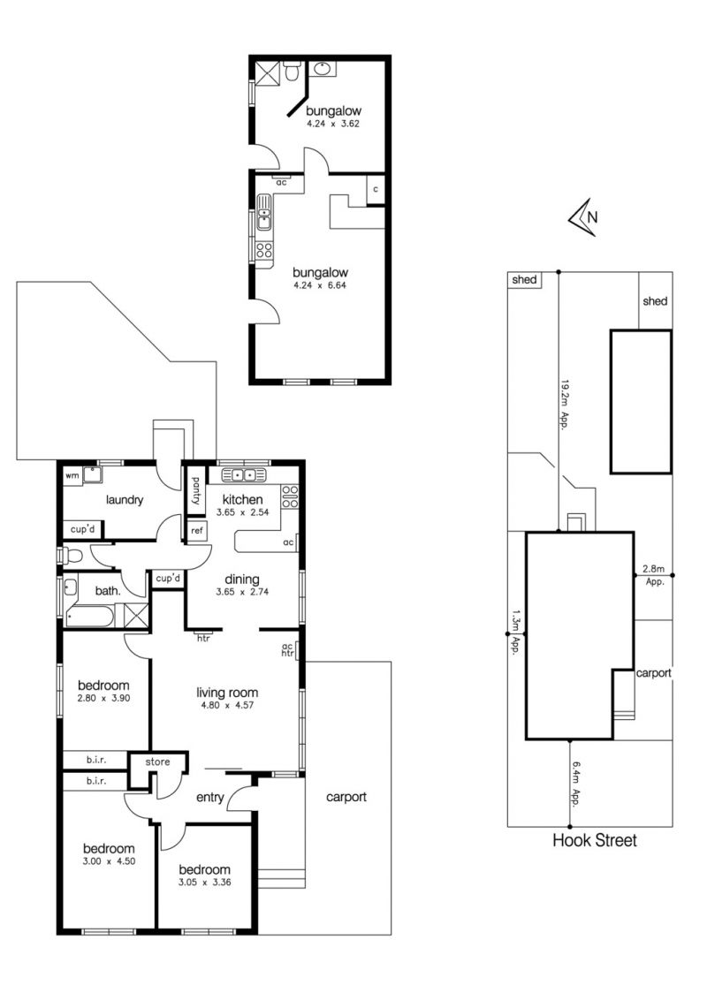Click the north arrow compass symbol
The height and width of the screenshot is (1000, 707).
(x=582, y=217)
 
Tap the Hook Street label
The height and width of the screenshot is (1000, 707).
(x=594, y=841)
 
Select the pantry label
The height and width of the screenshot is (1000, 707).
(x=195, y=491)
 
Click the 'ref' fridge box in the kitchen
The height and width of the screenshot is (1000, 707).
(x=197, y=531)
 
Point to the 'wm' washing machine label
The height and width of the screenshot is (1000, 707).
(x=72, y=476)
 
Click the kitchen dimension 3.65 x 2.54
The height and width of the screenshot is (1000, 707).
(x=242, y=512)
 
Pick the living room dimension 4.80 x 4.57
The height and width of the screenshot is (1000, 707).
(x=226, y=705)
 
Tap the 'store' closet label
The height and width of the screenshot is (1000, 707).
(x=157, y=762)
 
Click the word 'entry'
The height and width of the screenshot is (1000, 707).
(x=210, y=798)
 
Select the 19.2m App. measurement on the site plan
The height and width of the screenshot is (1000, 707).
(x=564, y=405)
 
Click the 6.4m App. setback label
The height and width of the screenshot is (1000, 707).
(x=575, y=784)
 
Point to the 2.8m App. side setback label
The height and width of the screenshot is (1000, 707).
(x=654, y=575)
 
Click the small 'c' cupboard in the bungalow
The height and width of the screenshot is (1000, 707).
(x=376, y=189)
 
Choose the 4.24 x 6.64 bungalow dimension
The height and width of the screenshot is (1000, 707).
(x=320, y=285)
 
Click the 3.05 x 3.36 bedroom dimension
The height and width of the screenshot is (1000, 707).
(x=204, y=883)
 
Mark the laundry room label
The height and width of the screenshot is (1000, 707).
(x=125, y=500)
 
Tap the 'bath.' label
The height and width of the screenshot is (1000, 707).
(x=108, y=591)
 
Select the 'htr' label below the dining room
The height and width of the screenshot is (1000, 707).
(x=203, y=638)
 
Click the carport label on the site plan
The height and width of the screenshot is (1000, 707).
(x=654, y=673)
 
